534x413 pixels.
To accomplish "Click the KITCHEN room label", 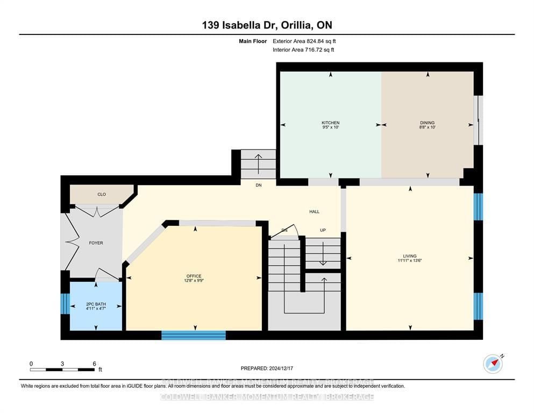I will pyautogui.click(x=330, y=123).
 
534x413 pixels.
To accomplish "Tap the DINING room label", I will pyautogui.click(x=427, y=123).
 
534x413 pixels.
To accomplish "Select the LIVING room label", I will pyautogui.click(x=410, y=256).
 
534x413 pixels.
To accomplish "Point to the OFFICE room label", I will pyautogui.click(x=194, y=276).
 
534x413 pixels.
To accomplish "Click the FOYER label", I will pyautogui.click(x=96, y=243).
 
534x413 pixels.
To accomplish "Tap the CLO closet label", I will pyautogui.click(x=101, y=194).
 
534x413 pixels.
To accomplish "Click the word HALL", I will pyautogui.click(x=315, y=212).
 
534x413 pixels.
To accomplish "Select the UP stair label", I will pyautogui.click(x=323, y=230).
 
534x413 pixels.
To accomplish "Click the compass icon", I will pyautogui.click(x=493, y=364).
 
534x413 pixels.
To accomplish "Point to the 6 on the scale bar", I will pyautogui.click(x=94, y=364).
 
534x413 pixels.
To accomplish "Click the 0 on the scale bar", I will pyautogui.click(x=31, y=364).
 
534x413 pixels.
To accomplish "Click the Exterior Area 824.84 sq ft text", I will pyautogui.click(x=304, y=41).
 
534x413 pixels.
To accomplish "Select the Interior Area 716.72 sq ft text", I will pyautogui.click(x=304, y=50).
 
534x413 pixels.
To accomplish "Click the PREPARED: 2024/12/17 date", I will pyautogui.click(x=267, y=368).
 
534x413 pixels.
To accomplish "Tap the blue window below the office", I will pyautogui.click(x=194, y=336).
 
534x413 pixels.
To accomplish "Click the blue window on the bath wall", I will pyautogui.click(x=65, y=304).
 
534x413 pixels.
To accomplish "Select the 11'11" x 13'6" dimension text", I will pyautogui.click(x=410, y=261).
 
